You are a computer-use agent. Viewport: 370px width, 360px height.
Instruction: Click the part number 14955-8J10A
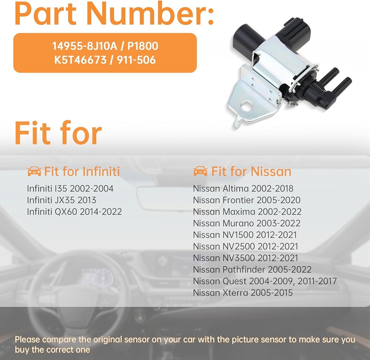tap(85, 46)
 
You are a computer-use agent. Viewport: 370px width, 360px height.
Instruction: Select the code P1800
tap(143, 46)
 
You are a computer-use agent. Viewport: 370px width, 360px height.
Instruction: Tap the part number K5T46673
tap(80, 60)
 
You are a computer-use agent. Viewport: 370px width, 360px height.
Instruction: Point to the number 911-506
tap(137, 60)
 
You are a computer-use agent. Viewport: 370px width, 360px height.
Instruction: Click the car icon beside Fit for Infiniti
tap(34, 171)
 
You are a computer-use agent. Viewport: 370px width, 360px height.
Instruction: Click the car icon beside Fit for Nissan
tap(200, 171)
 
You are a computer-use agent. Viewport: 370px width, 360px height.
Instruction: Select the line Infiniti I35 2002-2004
tap(70, 189)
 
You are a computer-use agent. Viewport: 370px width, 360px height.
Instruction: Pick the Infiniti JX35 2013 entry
tap(61, 200)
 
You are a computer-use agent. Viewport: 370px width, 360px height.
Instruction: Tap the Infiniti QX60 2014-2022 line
tap(74, 211)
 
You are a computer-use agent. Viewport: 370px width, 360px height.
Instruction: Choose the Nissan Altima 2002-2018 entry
tap(243, 189)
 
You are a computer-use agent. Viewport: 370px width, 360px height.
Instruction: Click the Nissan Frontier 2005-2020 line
tap(246, 200)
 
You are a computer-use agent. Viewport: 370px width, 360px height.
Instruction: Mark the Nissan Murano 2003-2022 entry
tap(246, 223)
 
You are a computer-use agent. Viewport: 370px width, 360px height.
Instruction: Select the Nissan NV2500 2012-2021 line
tap(245, 246)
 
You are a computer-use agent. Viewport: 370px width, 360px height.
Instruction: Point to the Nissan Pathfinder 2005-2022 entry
tap(252, 270)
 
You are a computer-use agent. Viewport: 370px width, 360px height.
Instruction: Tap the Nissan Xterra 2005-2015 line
tap(243, 293)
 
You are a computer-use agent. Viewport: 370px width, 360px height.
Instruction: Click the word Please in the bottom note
tap(27, 340)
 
